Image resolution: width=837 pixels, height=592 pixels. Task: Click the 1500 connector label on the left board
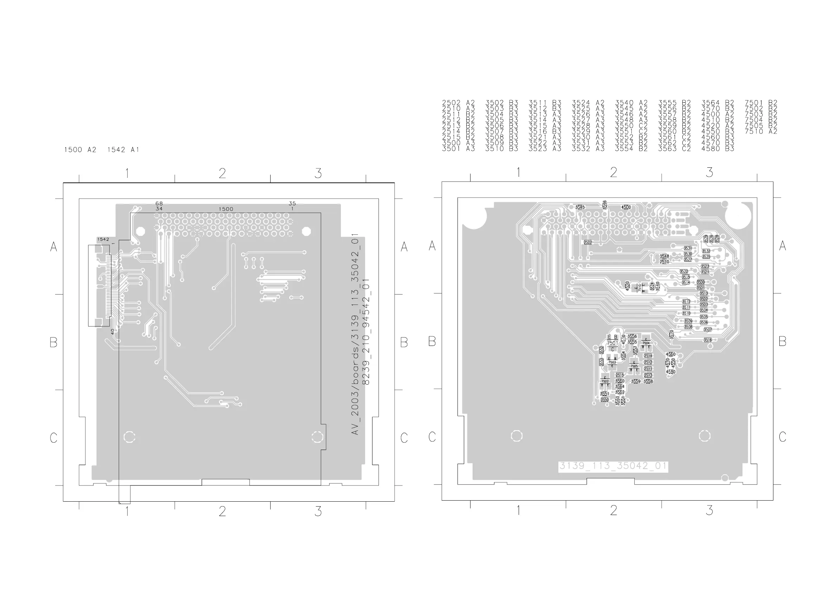point(226,209)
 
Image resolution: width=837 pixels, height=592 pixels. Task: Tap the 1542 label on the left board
point(103,239)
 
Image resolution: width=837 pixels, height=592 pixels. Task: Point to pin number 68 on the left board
point(159,204)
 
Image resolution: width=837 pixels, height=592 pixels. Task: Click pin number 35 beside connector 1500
point(292,204)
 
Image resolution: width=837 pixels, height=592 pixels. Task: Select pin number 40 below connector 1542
point(113,332)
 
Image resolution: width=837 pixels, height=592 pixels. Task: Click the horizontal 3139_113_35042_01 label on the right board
point(613,466)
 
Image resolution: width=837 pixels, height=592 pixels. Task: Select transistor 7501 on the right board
point(612,343)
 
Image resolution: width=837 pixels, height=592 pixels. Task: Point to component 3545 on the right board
point(580,207)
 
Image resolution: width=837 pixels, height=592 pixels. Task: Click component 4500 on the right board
point(626,207)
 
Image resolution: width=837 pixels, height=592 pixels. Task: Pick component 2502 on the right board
point(588,242)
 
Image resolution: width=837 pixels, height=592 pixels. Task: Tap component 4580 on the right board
point(670,372)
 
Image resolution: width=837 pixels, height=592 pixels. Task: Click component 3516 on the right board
point(708,340)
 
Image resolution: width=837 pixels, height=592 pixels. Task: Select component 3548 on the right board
point(664,256)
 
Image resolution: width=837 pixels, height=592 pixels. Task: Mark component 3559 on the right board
point(636,381)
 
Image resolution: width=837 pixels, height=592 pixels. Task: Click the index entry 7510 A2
point(761,131)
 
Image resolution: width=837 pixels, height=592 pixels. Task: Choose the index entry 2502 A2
point(458,103)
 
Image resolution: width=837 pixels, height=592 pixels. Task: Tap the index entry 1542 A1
point(123,149)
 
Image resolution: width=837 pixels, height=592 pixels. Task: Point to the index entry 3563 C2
point(674,148)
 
